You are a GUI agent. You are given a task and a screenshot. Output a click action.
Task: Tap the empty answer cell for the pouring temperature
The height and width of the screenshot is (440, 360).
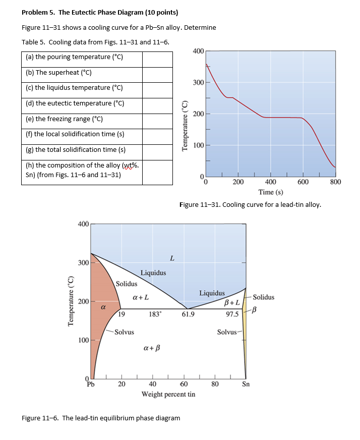click(157, 57)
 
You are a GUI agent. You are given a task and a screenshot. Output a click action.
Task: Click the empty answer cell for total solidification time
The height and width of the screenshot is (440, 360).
click(157, 150)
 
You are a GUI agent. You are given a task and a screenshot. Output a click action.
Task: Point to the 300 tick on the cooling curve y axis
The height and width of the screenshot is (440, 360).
click(197, 82)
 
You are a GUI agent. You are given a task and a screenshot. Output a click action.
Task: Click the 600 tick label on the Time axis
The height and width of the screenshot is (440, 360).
click(303, 182)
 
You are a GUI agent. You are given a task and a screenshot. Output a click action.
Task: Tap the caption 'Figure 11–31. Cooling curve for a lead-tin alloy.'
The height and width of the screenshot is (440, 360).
click(250, 205)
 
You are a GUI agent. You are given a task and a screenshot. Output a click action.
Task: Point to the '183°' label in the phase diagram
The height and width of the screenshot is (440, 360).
click(155, 314)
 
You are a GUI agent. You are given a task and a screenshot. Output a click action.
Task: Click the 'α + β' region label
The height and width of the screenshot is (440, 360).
click(152, 348)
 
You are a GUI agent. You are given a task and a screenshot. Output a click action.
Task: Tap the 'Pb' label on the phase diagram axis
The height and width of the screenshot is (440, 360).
click(91, 384)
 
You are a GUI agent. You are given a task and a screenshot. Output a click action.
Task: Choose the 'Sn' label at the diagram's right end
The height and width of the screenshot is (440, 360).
click(246, 384)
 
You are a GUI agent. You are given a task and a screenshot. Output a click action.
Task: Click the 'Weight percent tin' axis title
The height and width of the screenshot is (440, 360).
click(168, 394)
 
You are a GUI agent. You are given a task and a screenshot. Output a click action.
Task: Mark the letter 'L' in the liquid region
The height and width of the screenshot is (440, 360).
click(172, 259)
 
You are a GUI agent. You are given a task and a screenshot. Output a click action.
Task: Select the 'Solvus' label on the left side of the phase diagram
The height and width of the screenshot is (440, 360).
click(124, 332)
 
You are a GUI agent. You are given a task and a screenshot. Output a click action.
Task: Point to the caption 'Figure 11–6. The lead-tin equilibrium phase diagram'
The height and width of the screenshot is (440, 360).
click(101, 418)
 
